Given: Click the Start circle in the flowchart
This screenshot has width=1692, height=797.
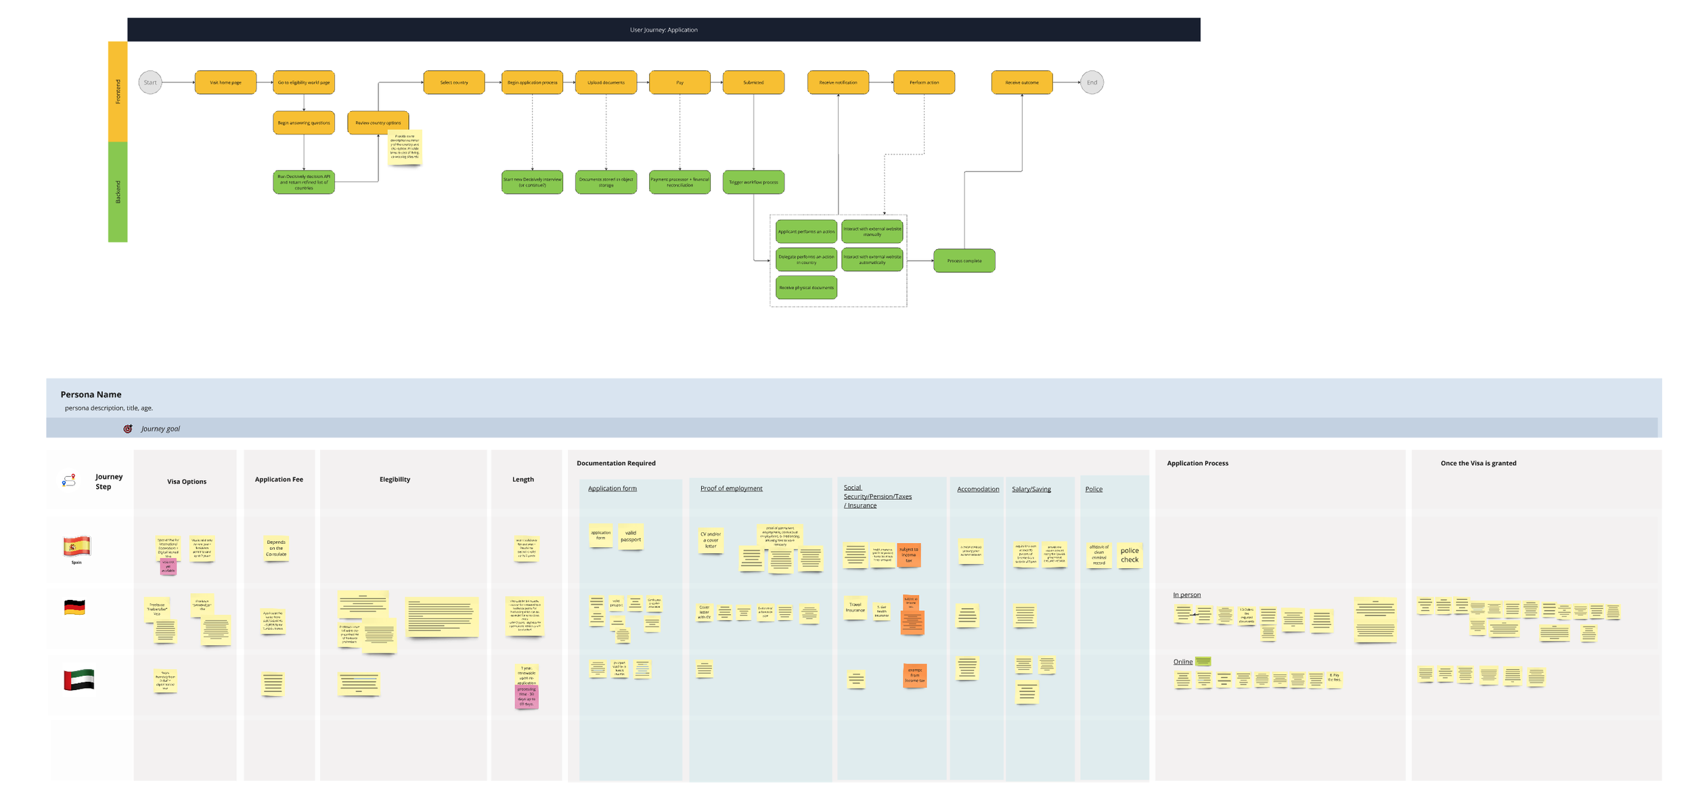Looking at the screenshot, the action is pos(150,83).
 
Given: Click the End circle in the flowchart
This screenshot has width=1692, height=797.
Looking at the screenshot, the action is pos(1092,83).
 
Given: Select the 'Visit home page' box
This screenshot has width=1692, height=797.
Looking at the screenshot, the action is pos(225,83).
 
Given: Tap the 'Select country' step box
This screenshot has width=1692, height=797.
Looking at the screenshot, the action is pos(453,83).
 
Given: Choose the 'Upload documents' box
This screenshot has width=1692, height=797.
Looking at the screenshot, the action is pos(606,83).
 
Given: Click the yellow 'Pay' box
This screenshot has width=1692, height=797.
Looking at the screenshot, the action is pos(680,83).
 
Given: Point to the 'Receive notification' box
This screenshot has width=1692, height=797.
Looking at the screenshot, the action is pos(838,83).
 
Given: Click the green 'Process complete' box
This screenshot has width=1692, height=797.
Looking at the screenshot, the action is pos(964,261).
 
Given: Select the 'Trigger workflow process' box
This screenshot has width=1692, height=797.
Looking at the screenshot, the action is pos(753,182).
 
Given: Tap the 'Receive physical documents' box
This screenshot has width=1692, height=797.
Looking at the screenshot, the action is pos(805,288).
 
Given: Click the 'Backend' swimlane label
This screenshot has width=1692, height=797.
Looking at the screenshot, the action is pos(118,192).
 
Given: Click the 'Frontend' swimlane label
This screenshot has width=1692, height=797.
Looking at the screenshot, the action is pos(118,91).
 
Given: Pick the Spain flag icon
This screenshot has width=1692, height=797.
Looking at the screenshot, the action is pos(77,546).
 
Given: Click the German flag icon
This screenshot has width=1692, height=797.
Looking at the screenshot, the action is pos(74,607).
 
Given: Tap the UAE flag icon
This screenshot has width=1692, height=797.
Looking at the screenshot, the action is pos(79,680).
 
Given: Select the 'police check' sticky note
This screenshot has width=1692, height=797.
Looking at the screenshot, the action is pos(1129,555).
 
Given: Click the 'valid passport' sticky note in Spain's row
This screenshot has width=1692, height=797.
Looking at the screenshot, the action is pos(630,536).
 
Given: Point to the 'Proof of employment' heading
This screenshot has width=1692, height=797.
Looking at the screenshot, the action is pos(731,488).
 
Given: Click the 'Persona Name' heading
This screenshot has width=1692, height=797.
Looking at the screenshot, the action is pos(91,394).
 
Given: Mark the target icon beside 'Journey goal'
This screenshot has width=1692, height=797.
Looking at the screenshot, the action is pos(128,429).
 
